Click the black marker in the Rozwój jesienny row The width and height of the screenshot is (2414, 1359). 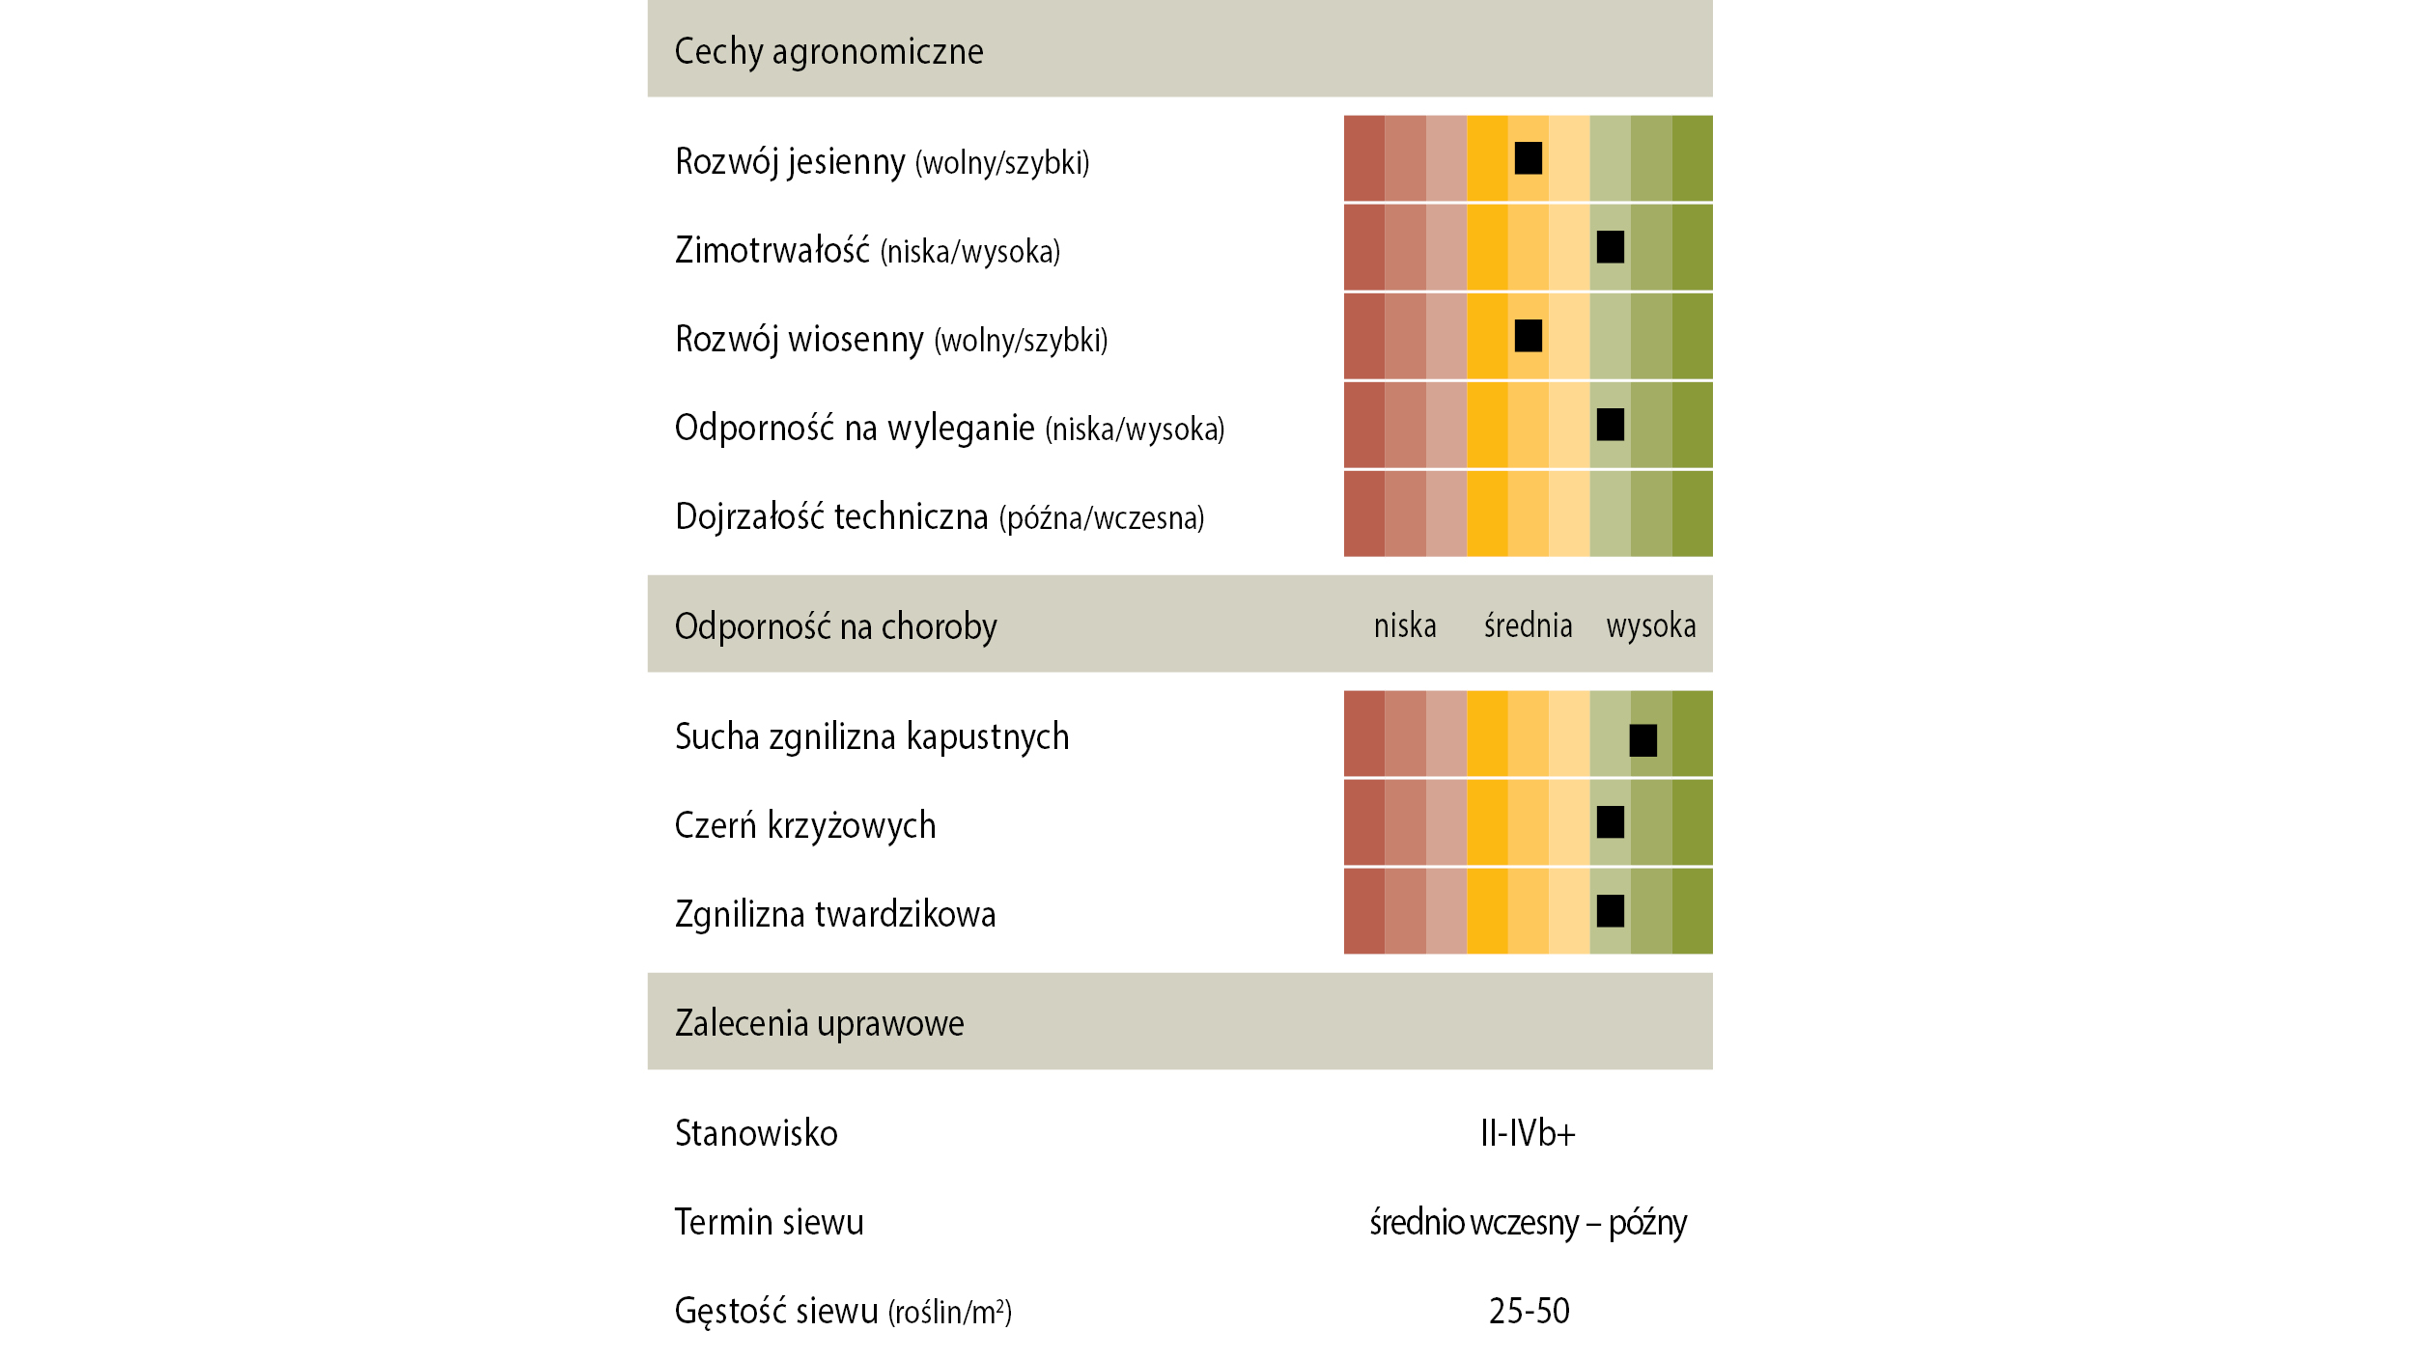point(1528,158)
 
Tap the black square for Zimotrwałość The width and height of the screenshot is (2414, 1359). point(1610,247)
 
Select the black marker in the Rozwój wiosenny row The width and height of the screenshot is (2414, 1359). point(1528,336)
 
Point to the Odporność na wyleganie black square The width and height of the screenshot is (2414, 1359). point(1610,425)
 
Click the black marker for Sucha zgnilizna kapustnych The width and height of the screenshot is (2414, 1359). point(1642,740)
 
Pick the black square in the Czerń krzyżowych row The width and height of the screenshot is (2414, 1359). point(1610,822)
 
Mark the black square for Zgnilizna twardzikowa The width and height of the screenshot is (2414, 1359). point(1610,911)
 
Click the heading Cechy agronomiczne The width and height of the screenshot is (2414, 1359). point(828,51)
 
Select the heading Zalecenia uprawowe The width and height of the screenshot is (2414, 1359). point(819,1023)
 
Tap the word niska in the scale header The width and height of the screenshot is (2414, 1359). point(1405,625)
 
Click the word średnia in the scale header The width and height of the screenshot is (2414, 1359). point(1528,625)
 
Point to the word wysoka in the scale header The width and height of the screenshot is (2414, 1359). point(1651,626)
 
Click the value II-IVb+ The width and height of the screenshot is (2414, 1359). point(1528,1133)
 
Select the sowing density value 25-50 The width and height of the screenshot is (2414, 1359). point(1530,1311)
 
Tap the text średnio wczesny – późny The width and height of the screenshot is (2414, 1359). point(1528,1223)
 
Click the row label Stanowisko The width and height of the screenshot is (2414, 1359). point(756,1133)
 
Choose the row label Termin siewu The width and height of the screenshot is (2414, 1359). point(769,1222)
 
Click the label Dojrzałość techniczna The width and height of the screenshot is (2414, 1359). point(831,516)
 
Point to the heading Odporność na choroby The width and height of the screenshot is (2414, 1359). point(835,626)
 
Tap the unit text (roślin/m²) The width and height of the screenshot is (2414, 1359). point(950,1312)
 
